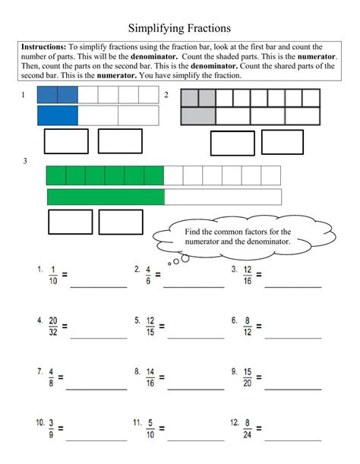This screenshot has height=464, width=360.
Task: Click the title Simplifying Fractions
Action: coord(179,28)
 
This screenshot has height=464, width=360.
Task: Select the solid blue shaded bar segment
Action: coord(58,115)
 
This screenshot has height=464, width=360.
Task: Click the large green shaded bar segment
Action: coord(106,197)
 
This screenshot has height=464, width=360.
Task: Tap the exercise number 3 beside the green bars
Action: coord(25,161)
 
